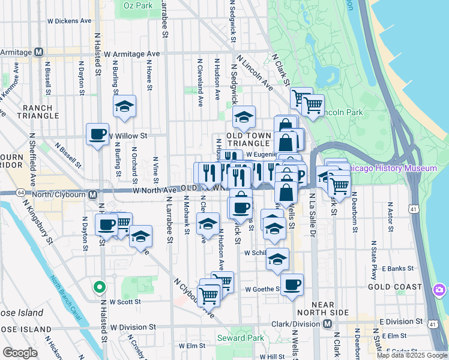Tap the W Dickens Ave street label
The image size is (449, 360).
click(x=69, y=20)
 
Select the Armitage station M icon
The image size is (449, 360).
click(x=38, y=52)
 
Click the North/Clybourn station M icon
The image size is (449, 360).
click(x=93, y=194)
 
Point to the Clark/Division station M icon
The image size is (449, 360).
click(x=327, y=324)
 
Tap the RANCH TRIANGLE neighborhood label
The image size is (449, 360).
click(x=38, y=112)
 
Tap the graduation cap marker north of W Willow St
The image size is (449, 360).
click(x=124, y=106)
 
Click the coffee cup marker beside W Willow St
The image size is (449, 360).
click(x=97, y=134)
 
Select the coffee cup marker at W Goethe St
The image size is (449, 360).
click(x=292, y=284)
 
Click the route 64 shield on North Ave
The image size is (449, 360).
click(x=22, y=192)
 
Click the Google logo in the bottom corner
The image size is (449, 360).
click(x=20, y=353)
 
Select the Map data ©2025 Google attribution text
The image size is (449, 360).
click(x=412, y=355)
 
